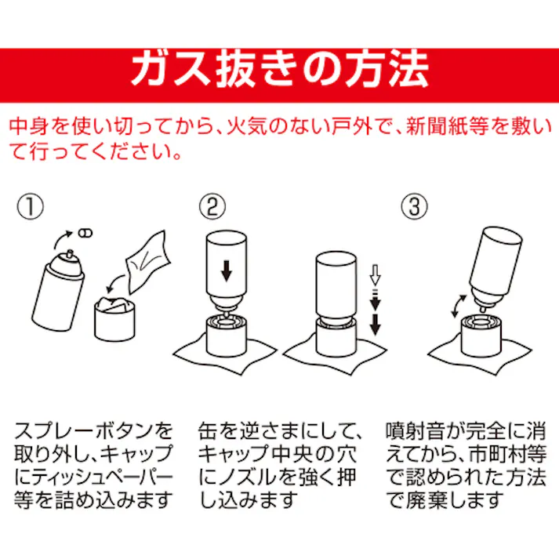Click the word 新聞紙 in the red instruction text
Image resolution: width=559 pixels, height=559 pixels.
(439, 125)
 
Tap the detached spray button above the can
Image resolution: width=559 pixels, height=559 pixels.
(85, 232)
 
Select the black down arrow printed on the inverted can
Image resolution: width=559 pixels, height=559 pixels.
(226, 272)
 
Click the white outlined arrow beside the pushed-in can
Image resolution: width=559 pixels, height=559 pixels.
(374, 275)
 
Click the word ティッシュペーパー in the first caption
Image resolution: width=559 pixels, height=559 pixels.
(101, 477)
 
